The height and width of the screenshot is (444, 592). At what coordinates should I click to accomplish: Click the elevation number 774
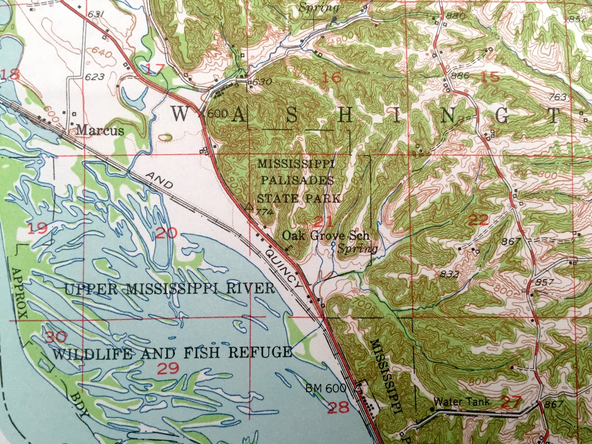pos(264,213)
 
